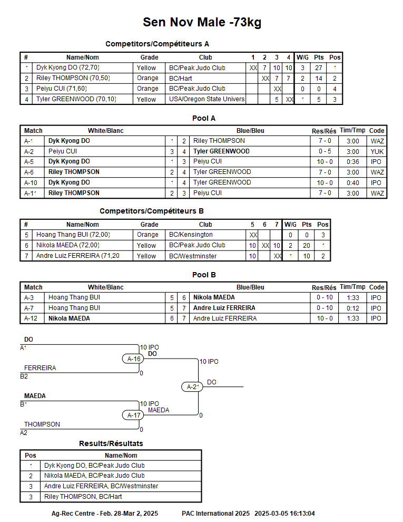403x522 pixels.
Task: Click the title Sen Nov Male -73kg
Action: coord(202,22)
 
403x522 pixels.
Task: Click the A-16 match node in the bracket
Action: coord(134,359)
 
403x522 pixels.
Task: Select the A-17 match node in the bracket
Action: coord(134,415)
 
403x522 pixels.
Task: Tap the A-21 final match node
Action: coord(193,387)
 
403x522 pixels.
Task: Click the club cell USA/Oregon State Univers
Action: coord(207,99)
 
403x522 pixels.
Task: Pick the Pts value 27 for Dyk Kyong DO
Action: coord(319,68)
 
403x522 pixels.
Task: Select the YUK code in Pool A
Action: coord(377,151)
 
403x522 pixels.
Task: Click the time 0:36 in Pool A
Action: coord(352,161)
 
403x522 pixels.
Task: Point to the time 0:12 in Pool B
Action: coord(352,308)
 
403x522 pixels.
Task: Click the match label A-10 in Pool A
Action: coord(28,182)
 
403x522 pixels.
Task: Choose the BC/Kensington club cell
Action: coord(191,235)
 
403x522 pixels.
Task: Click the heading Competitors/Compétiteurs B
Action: coord(152,211)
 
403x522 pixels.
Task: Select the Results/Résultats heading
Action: coord(111,443)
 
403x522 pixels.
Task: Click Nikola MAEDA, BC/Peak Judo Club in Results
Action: coord(94,476)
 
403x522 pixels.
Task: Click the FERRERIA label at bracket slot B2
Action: coord(40,368)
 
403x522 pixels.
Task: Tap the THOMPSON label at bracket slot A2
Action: coord(42,424)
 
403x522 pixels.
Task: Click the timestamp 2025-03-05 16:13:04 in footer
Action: coord(284,513)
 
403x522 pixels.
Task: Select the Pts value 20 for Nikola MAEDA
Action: coord(307,245)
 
